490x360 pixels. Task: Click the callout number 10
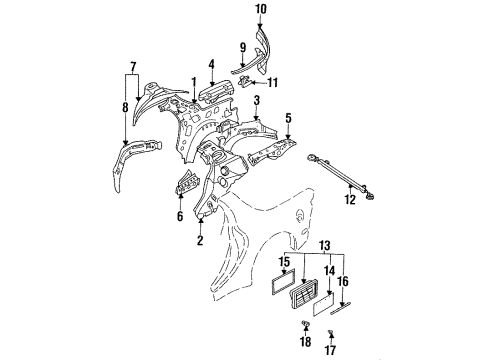pos(261,9)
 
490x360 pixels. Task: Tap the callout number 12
pos(350,200)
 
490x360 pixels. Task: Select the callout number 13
pos(324,246)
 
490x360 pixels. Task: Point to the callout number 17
pos(330,350)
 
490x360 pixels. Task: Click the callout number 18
pos(305,341)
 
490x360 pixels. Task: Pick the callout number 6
pos(180,216)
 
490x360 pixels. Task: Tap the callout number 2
pos(200,240)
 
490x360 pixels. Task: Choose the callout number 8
pos(125,107)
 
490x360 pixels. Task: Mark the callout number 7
pos(133,67)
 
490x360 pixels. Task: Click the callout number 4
pos(212,65)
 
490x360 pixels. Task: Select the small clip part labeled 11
pos(245,81)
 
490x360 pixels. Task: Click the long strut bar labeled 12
pos(341,177)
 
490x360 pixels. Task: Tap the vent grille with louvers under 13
pos(304,295)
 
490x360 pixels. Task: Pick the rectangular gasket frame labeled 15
pos(283,281)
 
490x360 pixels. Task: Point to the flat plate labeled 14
pos(323,304)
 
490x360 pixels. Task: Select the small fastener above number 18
pos(305,323)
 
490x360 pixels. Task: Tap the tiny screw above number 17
pos(331,332)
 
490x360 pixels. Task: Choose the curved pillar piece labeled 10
pos(264,50)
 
